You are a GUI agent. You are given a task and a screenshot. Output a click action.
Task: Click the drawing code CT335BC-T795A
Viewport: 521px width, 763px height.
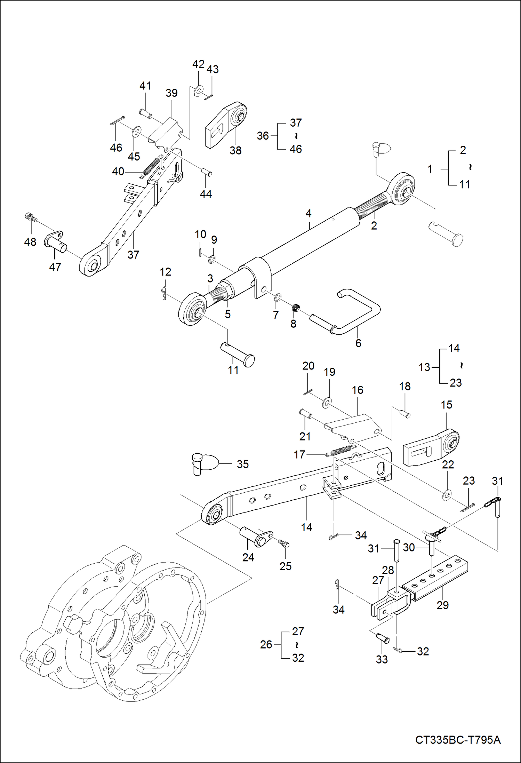pyautogui.click(x=458, y=740)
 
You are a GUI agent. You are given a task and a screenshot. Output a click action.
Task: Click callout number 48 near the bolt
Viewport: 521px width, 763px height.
pyautogui.click(x=30, y=242)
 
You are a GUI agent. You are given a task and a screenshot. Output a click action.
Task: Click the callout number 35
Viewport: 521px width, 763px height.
pyautogui.click(x=243, y=464)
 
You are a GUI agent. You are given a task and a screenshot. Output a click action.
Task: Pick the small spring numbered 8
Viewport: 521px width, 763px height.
pyautogui.click(x=296, y=307)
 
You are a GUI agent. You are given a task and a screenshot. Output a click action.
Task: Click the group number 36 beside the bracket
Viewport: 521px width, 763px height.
pyautogui.click(x=263, y=136)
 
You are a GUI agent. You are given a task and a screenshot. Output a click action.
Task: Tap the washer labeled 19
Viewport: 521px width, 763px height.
pyautogui.click(x=327, y=403)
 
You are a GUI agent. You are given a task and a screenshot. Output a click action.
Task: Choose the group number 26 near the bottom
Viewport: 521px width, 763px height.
pyautogui.click(x=266, y=644)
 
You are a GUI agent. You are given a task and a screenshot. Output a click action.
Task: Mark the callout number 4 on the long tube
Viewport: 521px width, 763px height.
pyautogui.click(x=308, y=213)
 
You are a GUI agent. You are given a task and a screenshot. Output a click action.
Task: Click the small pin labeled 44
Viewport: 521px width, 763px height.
pyautogui.click(x=207, y=173)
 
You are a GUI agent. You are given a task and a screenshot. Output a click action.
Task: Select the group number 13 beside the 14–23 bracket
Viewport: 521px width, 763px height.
pyautogui.click(x=424, y=367)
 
